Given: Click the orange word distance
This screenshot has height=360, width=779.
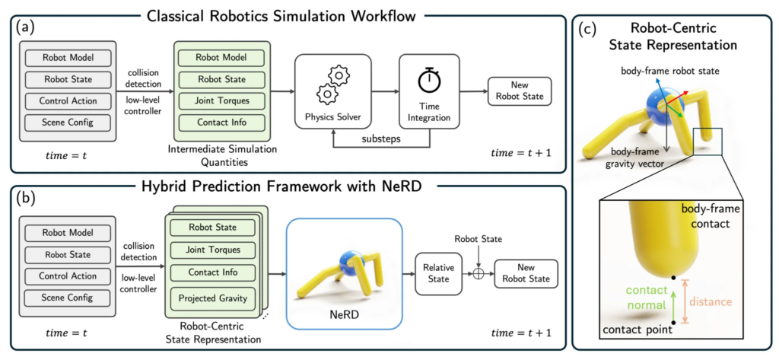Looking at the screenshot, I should pos(711,301).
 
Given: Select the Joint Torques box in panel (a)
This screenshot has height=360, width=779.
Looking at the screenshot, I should pos(221,100).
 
